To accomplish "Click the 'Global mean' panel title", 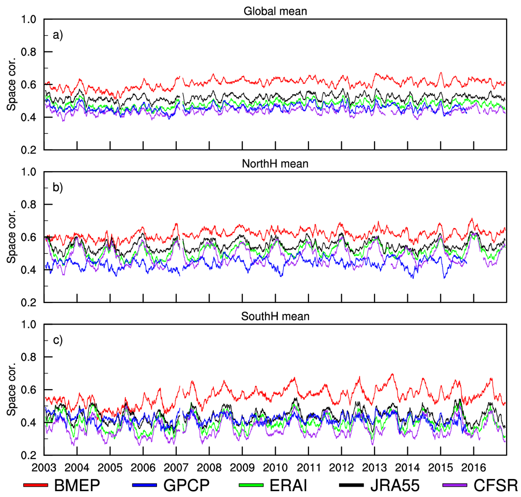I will pos(275,11).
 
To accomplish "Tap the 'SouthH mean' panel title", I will pos(275,317).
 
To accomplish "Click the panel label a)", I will pos(58,35).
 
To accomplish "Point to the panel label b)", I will pos(58,188).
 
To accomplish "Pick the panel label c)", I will pos(58,340).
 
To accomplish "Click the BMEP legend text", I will pos(77,486).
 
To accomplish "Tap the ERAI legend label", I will pos(288,486).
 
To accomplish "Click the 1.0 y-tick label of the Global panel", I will pos(29,19).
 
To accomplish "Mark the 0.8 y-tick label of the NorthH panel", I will pos(29,205).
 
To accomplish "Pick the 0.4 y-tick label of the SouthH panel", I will pos(29,423).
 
